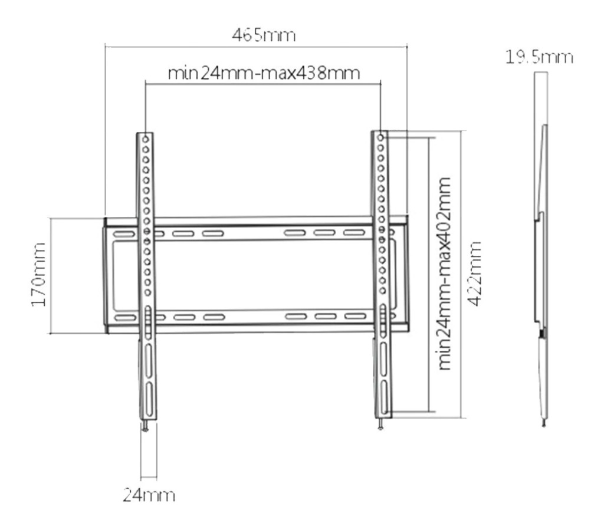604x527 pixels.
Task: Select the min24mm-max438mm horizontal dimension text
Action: (x=264, y=74)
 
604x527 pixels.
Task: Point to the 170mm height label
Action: (x=37, y=275)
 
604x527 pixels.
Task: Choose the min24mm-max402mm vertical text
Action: (x=447, y=273)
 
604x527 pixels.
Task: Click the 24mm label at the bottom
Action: (x=149, y=495)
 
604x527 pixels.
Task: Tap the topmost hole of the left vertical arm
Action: (x=146, y=137)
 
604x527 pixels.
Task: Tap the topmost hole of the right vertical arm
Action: (x=381, y=137)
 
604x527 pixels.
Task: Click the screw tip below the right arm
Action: (x=382, y=427)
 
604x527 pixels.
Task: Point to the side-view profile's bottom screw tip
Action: (x=543, y=423)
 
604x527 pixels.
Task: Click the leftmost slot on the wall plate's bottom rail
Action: (x=123, y=318)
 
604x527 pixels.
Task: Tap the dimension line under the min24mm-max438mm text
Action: (x=264, y=84)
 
